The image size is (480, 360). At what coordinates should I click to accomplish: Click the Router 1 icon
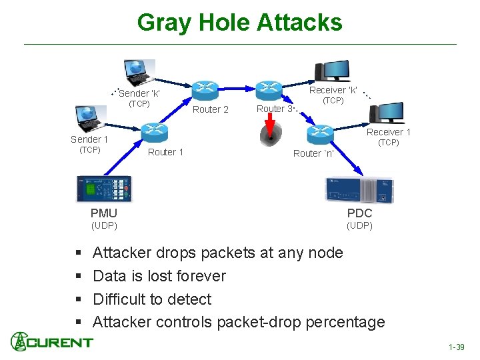click(154, 131)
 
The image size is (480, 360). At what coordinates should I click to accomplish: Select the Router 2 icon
click(205, 89)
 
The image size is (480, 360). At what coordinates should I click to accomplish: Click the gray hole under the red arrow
click(271, 137)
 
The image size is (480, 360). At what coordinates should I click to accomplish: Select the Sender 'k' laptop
click(139, 73)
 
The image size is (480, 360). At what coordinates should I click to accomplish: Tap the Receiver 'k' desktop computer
click(331, 71)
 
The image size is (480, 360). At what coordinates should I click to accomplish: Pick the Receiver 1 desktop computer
click(386, 112)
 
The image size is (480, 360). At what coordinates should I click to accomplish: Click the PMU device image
click(104, 189)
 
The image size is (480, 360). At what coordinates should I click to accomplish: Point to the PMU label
click(104, 213)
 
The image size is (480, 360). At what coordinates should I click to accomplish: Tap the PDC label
click(359, 213)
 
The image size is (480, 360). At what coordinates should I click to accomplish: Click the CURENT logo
click(51, 342)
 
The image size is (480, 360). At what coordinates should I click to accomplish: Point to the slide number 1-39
click(457, 347)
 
